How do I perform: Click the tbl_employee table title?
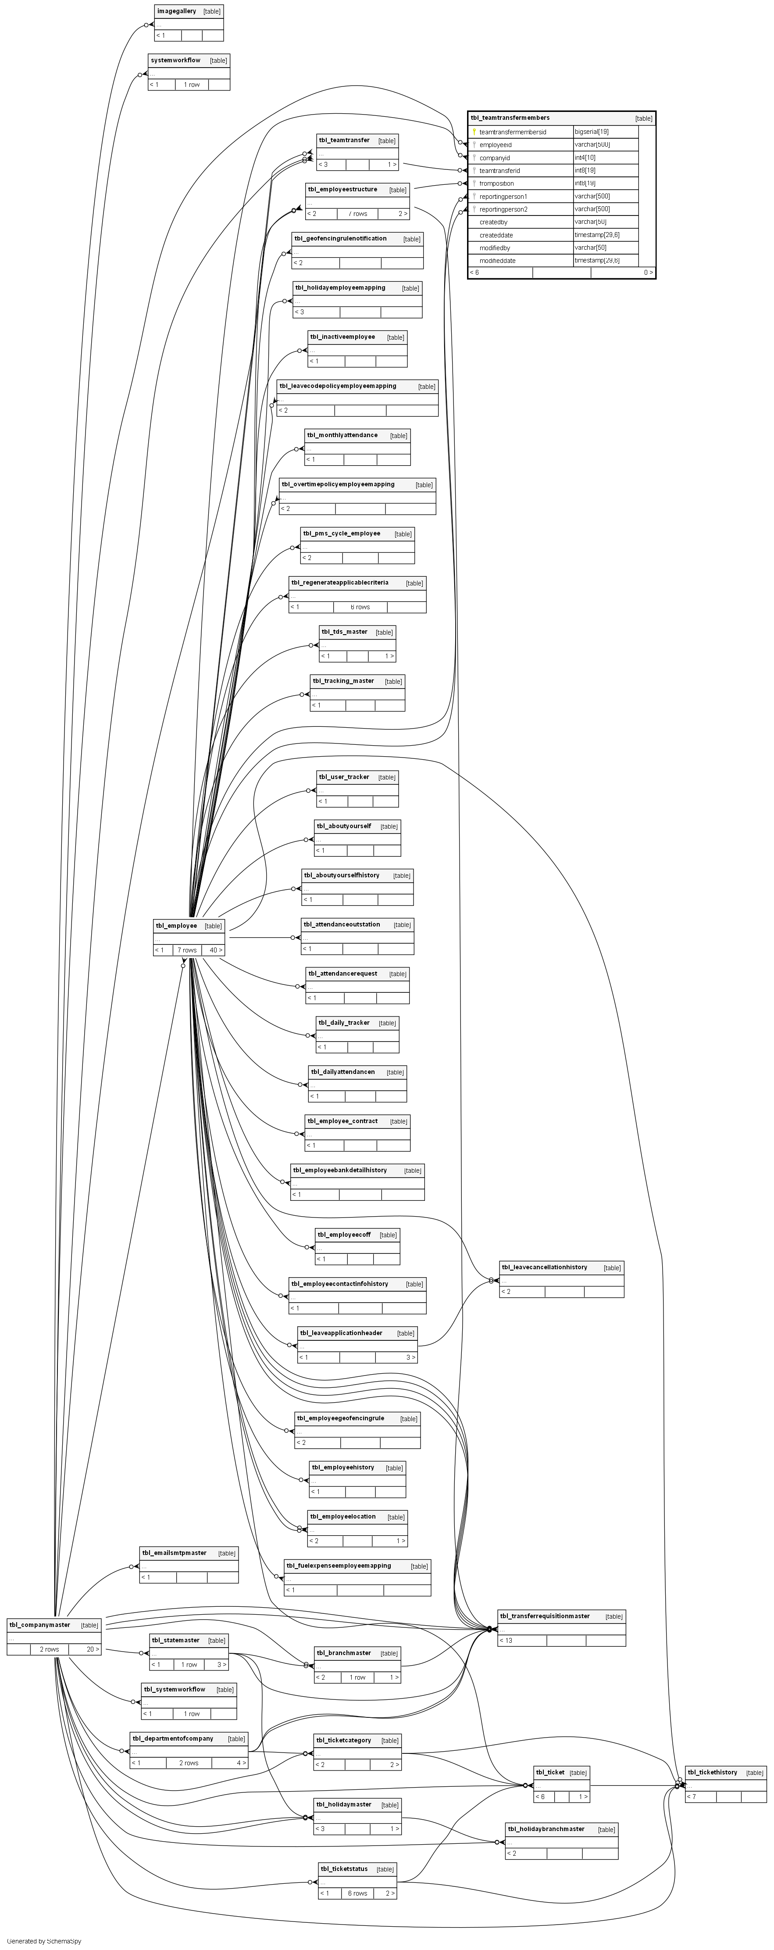[176, 925]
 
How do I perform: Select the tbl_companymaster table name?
[39, 1624]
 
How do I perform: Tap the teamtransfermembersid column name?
[512, 132]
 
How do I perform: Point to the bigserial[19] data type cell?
[592, 132]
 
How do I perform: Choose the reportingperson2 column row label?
[503, 209]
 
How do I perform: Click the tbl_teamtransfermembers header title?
[510, 118]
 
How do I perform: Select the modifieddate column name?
[497, 260]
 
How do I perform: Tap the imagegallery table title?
[176, 11]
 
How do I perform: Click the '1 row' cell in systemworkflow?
[192, 85]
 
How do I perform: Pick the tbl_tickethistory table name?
[712, 1772]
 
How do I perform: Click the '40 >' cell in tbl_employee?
[214, 950]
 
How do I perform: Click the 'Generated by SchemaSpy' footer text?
[44, 1941]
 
